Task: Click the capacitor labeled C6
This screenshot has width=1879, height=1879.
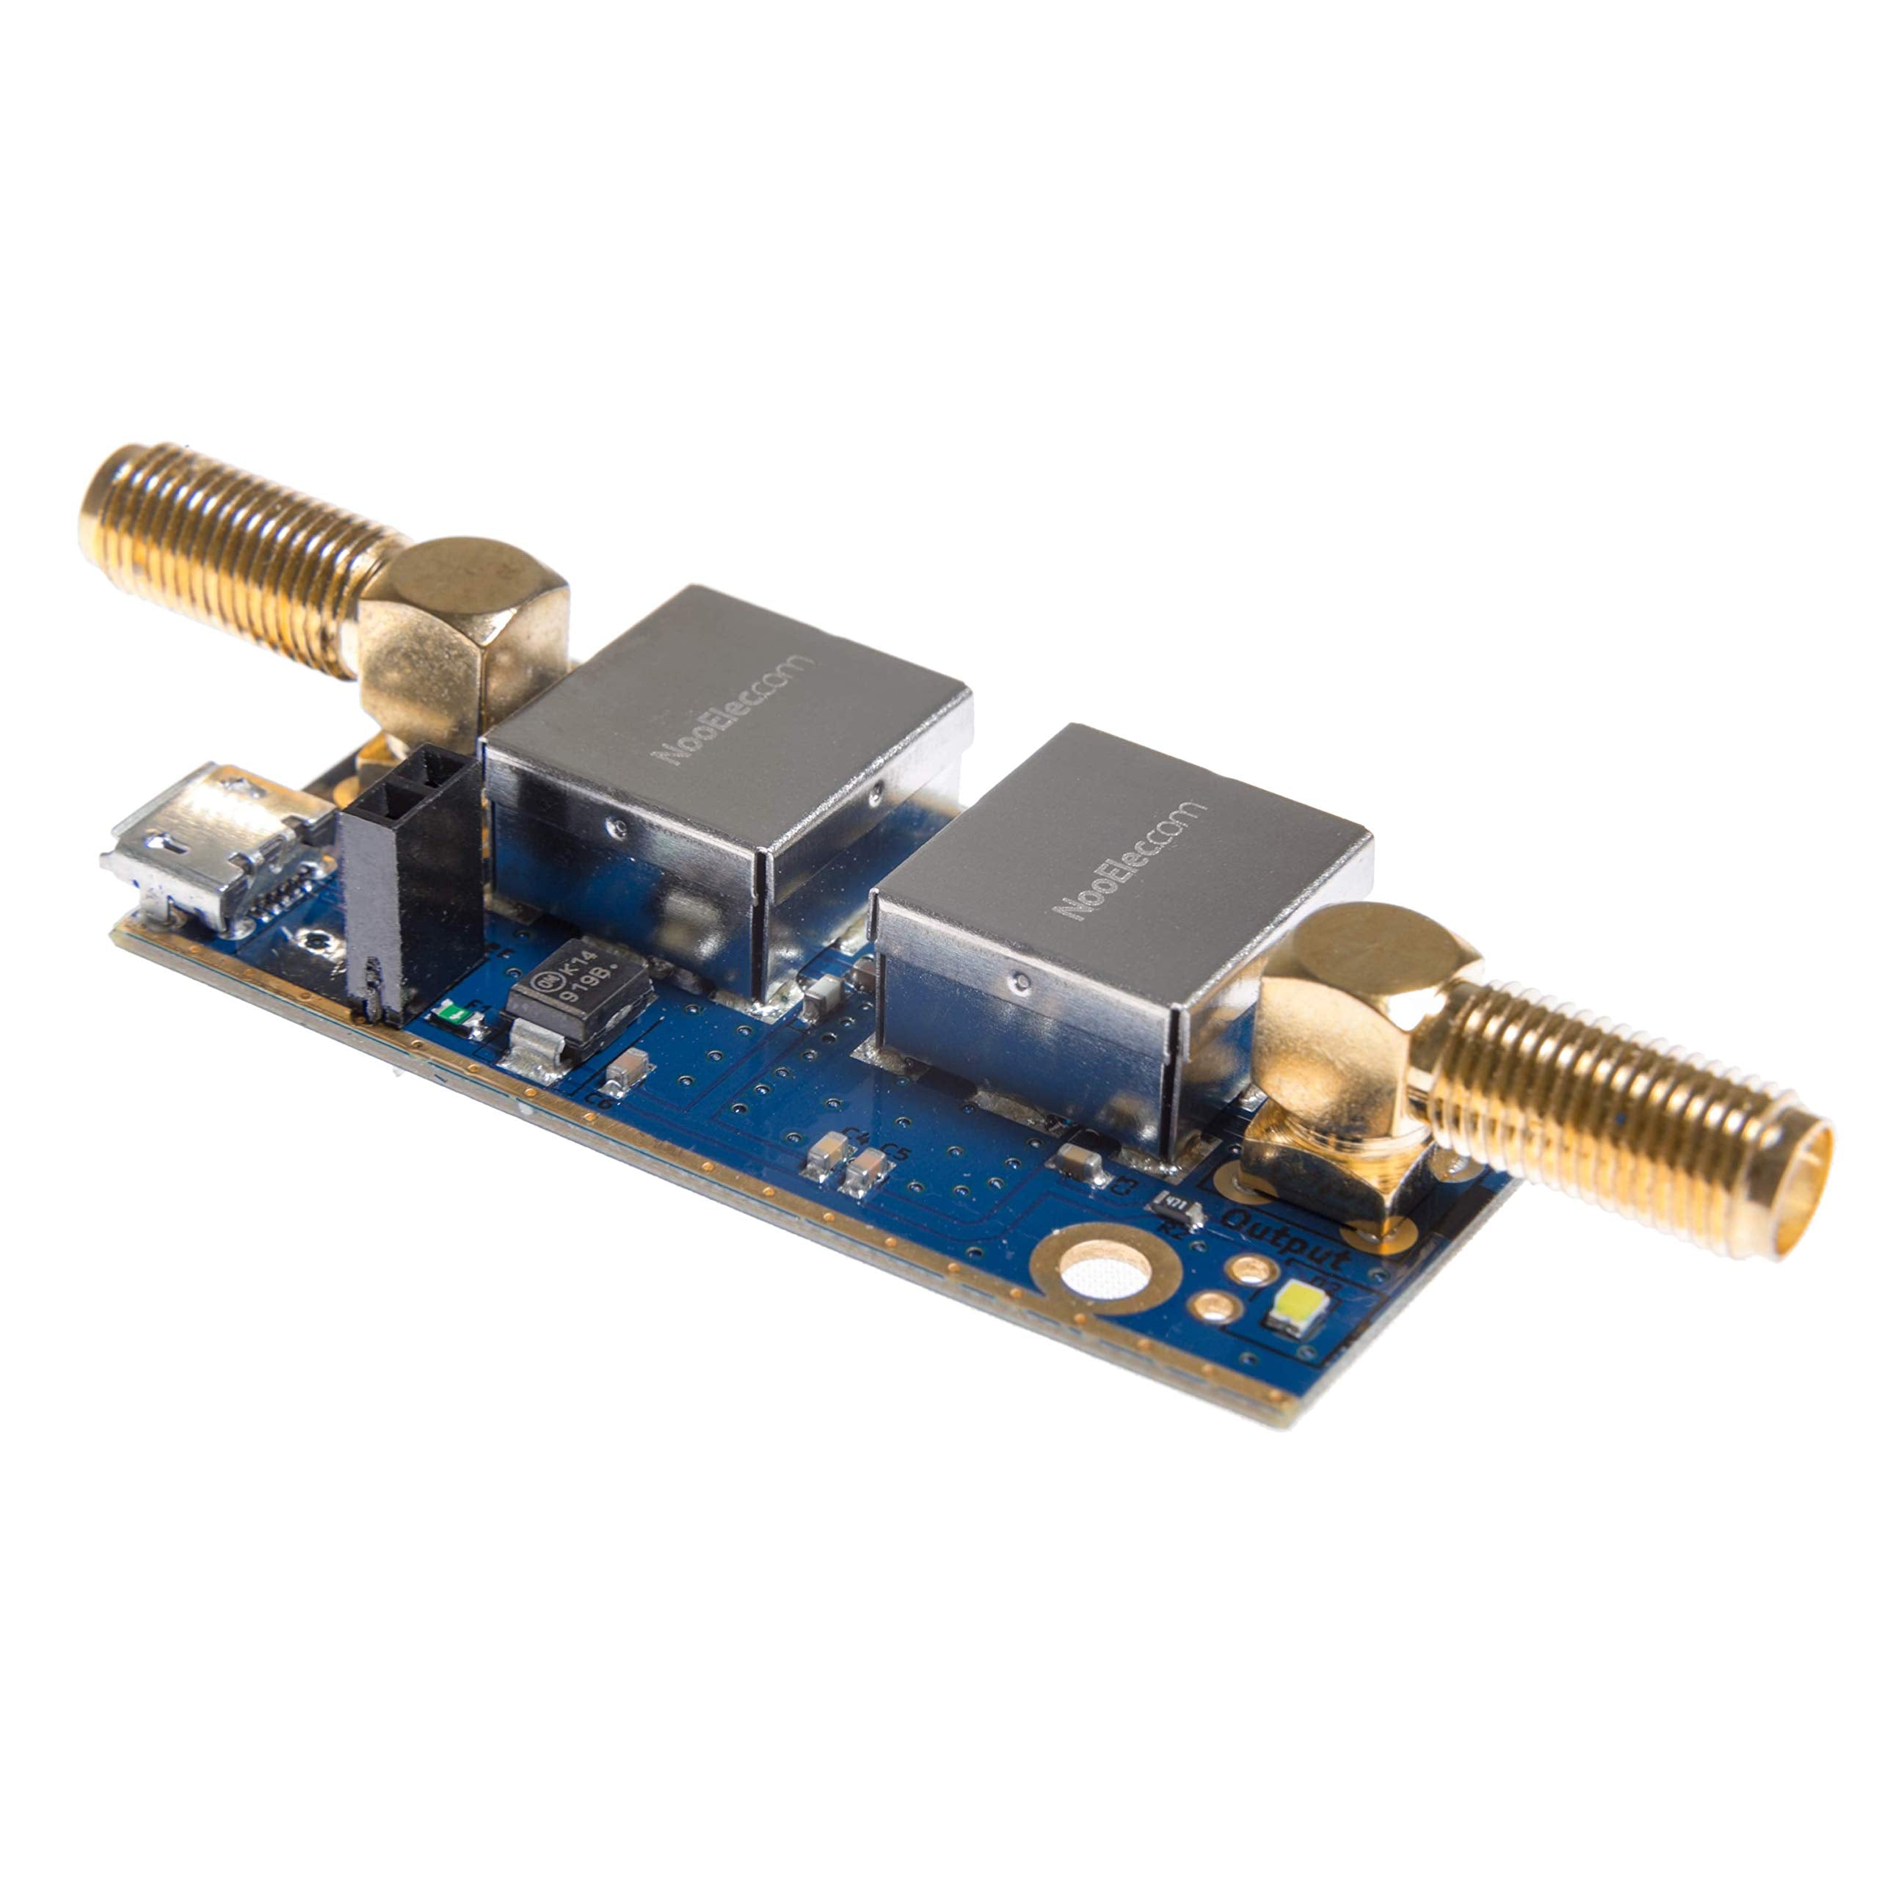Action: click(626, 1070)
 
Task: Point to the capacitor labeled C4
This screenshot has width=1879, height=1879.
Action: click(826, 1155)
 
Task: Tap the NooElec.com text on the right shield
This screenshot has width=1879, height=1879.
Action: click(1128, 861)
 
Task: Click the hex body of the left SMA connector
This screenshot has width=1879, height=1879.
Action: click(462, 632)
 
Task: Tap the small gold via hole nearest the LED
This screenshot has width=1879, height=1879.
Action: click(1251, 1268)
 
